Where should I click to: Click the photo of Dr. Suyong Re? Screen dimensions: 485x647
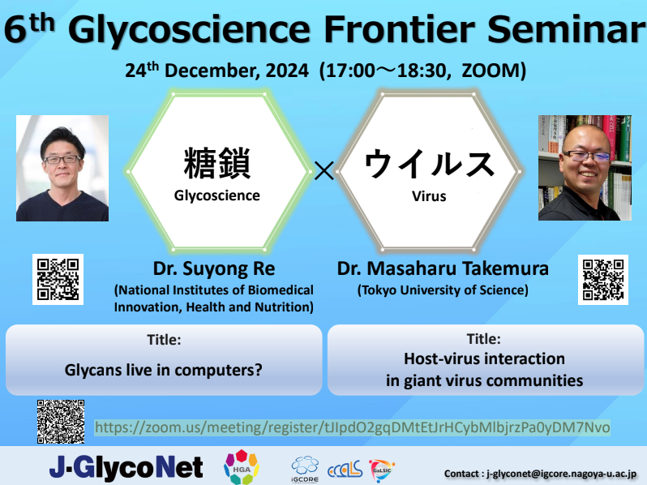[x=62, y=168]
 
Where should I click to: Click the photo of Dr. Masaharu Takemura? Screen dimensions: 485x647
[x=585, y=168]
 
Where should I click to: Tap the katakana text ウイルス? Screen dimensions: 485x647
[x=429, y=165]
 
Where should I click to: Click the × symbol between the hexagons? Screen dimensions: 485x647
[x=323, y=171]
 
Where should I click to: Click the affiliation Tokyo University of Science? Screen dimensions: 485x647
[x=443, y=290]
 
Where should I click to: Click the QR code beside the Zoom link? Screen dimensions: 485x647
[x=61, y=421]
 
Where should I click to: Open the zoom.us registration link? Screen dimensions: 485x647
[x=352, y=427]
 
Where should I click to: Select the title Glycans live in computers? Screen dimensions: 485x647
[x=164, y=371]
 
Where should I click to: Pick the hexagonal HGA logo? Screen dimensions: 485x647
[x=241, y=466]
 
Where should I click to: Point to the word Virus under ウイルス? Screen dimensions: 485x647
[x=429, y=195]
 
